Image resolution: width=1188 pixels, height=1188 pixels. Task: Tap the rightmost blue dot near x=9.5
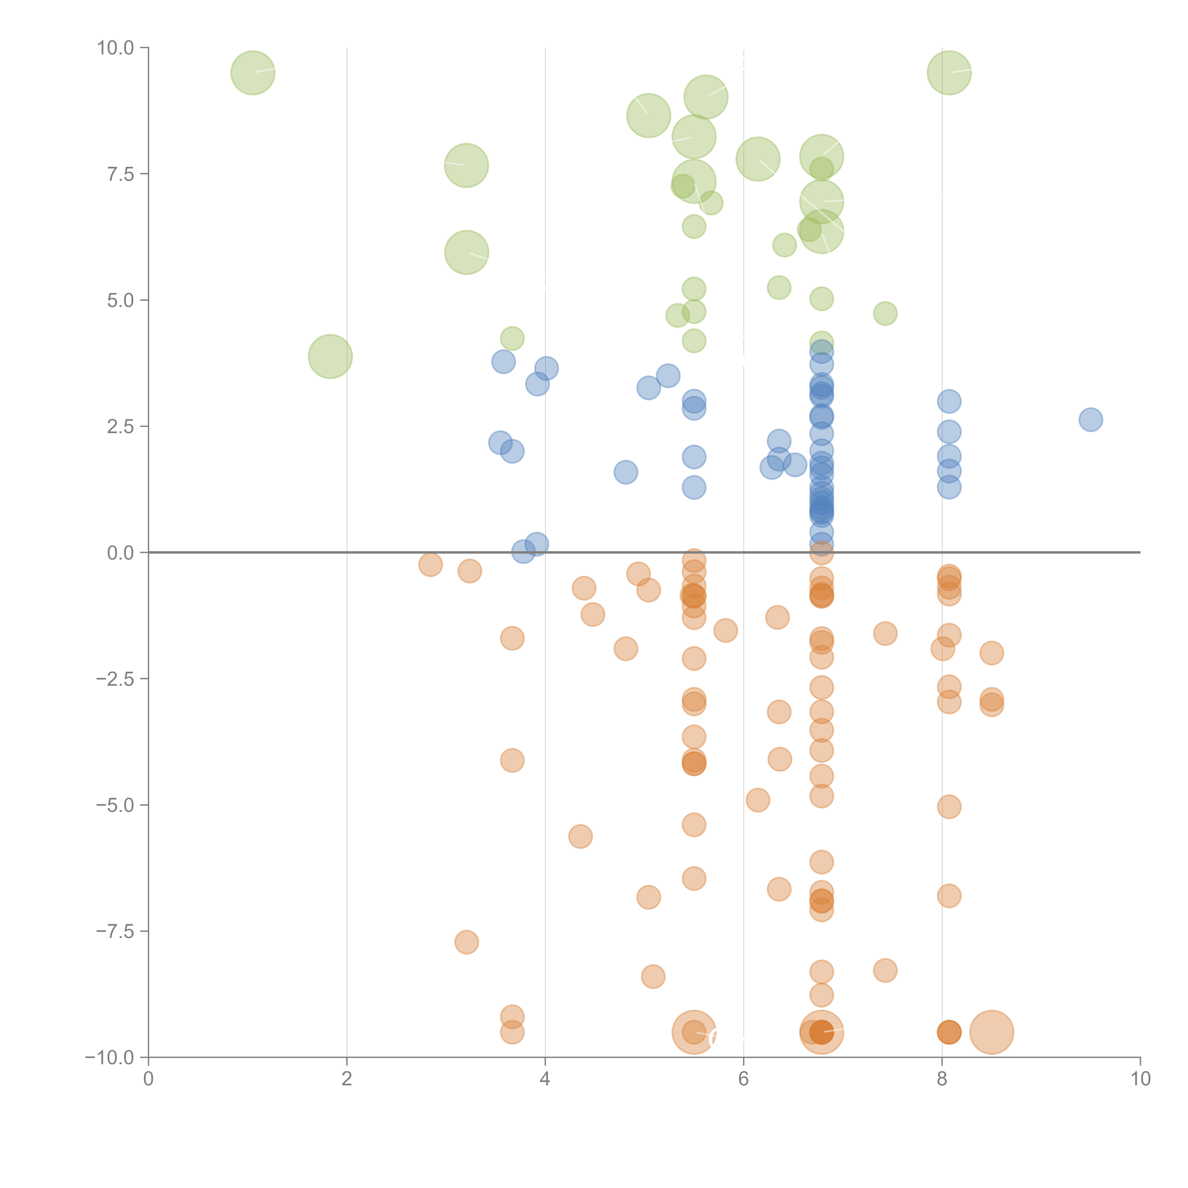[x=1090, y=420]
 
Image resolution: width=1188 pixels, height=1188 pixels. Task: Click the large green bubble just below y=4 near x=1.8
[x=330, y=357]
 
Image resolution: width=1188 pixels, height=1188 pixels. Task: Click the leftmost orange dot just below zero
[x=431, y=565]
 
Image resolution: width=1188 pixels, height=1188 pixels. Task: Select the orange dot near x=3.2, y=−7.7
[x=467, y=942]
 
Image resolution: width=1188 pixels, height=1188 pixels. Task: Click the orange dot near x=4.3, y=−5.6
[x=580, y=836]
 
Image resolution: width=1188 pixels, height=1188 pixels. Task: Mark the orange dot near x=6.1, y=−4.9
[x=757, y=800]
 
